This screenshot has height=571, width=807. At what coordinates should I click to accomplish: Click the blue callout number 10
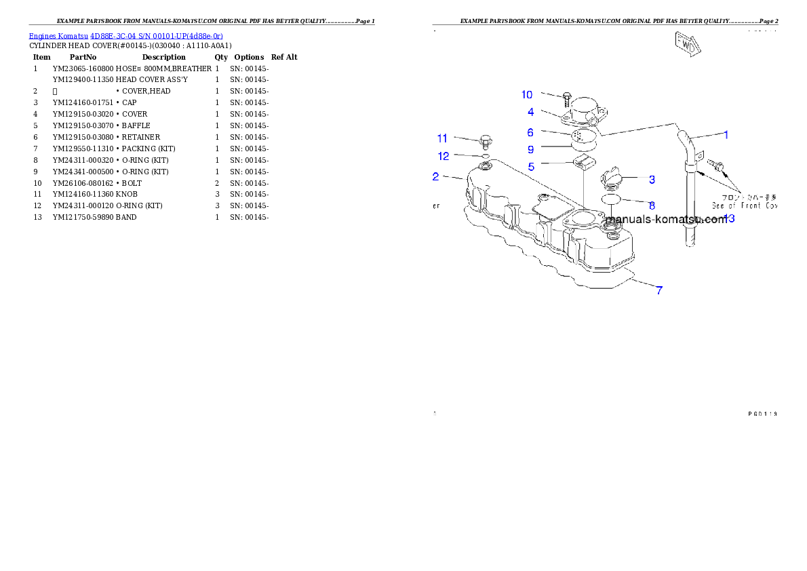point(527,95)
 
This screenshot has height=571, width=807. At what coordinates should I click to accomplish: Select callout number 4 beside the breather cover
point(531,112)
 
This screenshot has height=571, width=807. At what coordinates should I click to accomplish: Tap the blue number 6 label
point(531,132)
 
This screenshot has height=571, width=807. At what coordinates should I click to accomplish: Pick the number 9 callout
point(531,149)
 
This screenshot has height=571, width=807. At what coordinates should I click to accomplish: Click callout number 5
point(531,165)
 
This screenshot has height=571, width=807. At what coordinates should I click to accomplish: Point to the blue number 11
point(442,138)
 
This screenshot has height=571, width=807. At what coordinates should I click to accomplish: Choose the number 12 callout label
point(442,156)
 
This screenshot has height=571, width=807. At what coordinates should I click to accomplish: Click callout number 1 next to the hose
point(726,135)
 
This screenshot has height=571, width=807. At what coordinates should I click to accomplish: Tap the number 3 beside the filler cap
point(652,180)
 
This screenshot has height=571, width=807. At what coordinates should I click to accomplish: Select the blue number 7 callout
point(658,290)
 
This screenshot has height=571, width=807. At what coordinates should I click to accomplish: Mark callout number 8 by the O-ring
point(652,205)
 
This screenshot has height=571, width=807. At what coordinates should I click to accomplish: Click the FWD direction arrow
point(686,44)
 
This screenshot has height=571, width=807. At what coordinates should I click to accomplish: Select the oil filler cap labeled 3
point(610,178)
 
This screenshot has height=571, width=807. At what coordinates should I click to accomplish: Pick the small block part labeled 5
point(583,163)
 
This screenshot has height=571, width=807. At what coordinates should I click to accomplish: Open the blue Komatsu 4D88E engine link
point(125,35)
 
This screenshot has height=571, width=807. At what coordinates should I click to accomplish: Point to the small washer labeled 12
point(486,156)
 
